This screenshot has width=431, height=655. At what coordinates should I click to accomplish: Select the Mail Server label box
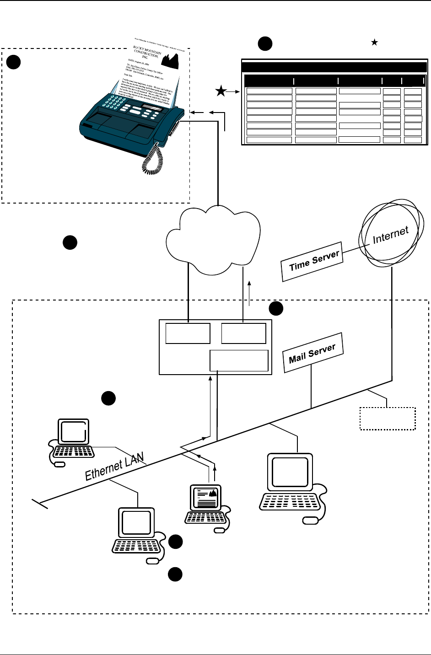(x=312, y=353)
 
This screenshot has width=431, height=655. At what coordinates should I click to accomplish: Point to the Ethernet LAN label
(x=114, y=466)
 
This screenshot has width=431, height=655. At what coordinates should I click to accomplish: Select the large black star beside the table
(x=221, y=92)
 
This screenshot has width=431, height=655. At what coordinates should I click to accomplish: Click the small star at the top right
(x=374, y=42)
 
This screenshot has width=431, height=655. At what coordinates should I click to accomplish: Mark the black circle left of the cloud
(x=70, y=243)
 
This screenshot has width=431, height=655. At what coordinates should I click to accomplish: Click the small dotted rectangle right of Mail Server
(x=388, y=418)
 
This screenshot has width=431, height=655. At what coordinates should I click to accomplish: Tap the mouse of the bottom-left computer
(x=153, y=561)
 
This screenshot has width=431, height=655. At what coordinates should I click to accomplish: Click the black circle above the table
(x=265, y=44)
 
